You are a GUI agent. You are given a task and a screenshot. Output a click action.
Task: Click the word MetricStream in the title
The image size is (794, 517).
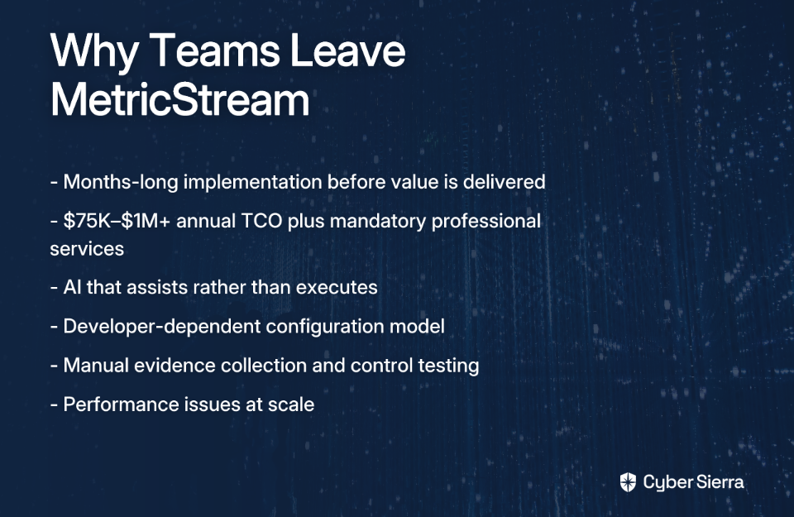tap(179, 100)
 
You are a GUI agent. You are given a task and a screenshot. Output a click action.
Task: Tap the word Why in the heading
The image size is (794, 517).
tap(94, 51)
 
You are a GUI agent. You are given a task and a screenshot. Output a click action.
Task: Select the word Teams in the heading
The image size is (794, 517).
tap(214, 50)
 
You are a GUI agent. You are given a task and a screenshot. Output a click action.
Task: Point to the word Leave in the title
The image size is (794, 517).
tap(347, 50)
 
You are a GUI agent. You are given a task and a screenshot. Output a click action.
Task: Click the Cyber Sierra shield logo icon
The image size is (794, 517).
tap(628, 482)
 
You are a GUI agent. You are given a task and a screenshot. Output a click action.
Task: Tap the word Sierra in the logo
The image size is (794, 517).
tap(719, 481)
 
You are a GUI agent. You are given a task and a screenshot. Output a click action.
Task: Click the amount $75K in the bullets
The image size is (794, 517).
tap(87, 222)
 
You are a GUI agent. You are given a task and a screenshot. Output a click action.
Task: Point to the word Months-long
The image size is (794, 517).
tap(121, 182)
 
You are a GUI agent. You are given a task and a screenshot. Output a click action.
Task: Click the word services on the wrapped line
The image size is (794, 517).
tap(87, 250)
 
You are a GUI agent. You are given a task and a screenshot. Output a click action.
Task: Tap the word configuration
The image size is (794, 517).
tap(324, 327)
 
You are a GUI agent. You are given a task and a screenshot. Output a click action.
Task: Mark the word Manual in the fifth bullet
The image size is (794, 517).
tap(96, 365)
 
